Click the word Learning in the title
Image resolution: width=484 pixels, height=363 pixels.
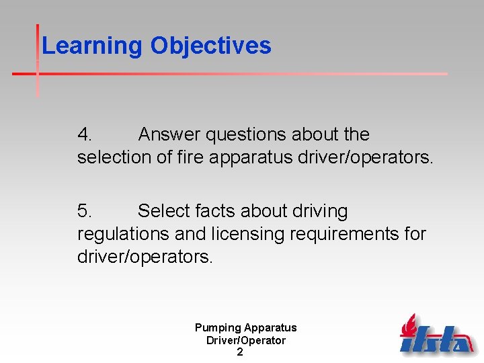(x=93, y=46)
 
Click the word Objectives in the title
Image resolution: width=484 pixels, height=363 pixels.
(x=210, y=46)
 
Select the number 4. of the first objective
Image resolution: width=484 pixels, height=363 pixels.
(x=85, y=135)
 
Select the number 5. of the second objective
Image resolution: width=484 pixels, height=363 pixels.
(x=85, y=212)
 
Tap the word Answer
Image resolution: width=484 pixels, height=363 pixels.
(x=169, y=135)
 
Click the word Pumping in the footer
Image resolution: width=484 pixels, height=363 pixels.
(x=218, y=328)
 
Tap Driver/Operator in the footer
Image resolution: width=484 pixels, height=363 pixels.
(x=245, y=340)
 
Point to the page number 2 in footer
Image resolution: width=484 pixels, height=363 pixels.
(x=240, y=352)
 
